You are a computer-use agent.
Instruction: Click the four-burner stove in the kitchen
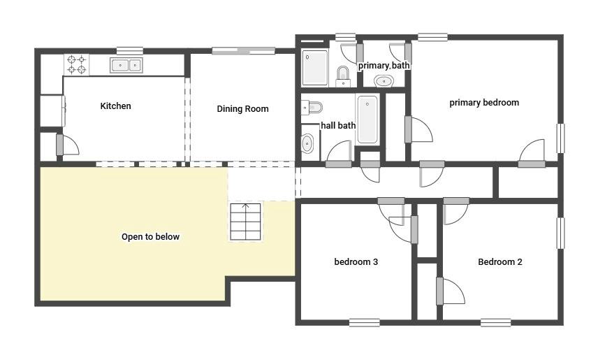tap(77, 65)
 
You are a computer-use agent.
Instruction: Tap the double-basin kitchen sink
tap(126, 66)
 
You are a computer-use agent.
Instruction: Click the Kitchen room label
tap(115, 106)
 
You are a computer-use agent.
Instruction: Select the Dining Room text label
tap(242, 109)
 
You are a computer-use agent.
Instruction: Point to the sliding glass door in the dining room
tap(243, 50)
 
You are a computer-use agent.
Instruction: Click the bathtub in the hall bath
tap(367, 120)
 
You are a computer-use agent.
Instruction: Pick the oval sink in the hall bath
tap(307, 144)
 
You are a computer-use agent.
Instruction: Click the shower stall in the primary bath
tap(315, 67)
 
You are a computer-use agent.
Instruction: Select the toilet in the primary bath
tap(343, 74)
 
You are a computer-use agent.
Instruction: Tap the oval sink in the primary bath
tap(384, 81)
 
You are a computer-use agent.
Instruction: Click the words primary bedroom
tap(483, 103)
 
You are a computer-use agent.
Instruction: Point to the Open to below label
tap(150, 237)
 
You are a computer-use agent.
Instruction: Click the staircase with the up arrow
tap(245, 222)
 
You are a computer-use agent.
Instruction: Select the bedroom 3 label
tap(356, 262)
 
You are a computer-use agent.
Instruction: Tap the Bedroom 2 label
tap(499, 262)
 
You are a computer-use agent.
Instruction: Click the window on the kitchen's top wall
tap(130, 50)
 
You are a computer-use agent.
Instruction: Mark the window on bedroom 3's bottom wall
tap(365, 322)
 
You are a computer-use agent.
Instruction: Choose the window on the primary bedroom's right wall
tap(560, 138)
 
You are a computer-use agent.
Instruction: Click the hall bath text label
tap(338, 126)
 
